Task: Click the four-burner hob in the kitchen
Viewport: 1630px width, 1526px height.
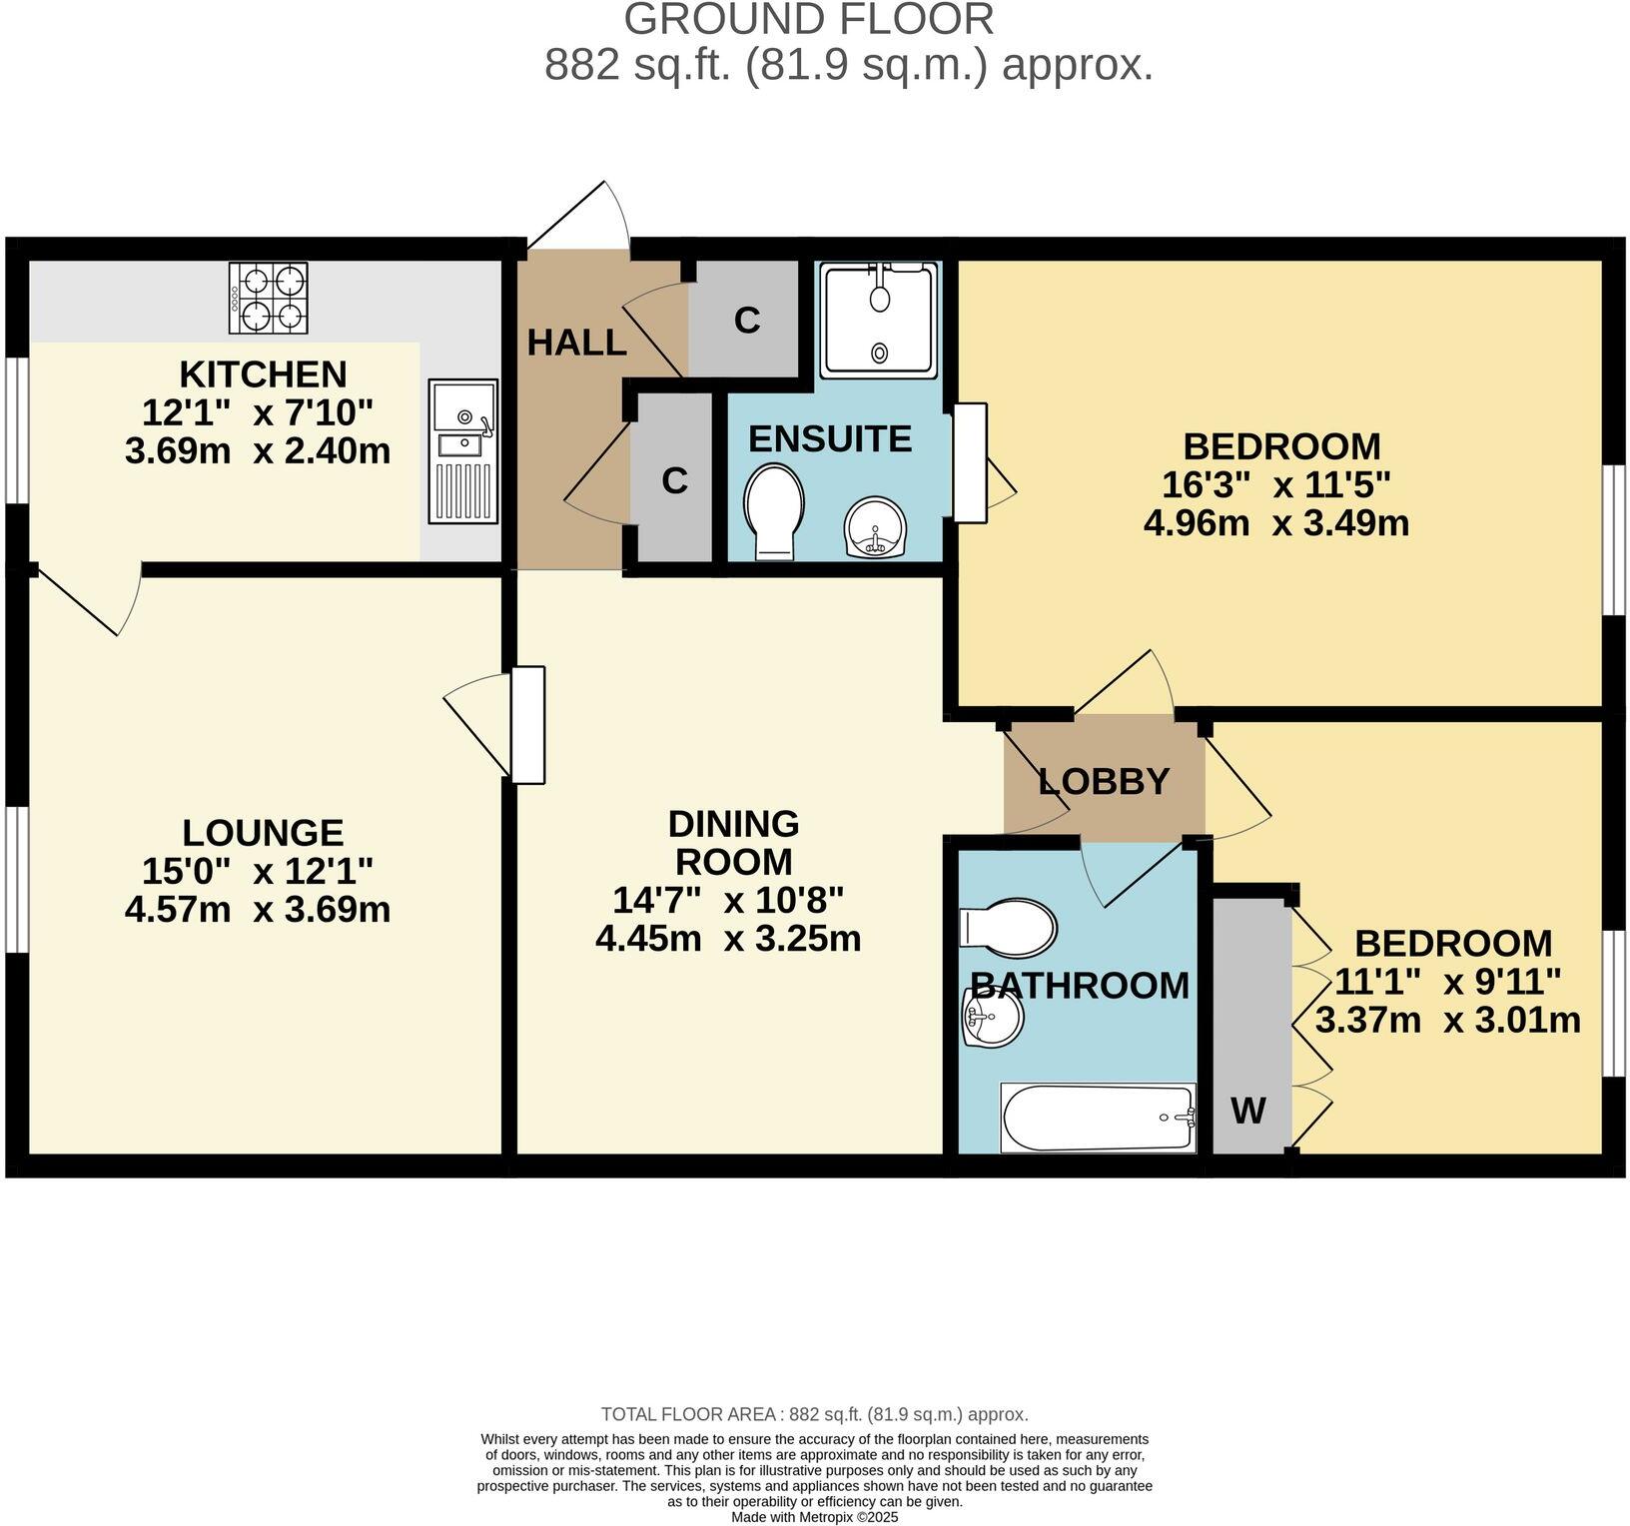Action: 269,298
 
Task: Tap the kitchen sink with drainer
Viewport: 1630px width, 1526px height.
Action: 463,450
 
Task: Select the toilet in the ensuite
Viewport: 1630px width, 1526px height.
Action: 774,510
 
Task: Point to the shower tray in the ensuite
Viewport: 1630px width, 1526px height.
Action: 879,320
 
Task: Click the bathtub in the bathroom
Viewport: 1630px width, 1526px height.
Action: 1098,1118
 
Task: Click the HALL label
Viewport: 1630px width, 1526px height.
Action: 576,344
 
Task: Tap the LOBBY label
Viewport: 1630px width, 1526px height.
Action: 1104,781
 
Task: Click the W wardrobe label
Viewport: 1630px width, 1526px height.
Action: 1248,1110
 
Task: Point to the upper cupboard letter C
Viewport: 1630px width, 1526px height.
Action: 747,320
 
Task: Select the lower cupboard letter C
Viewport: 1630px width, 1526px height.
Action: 675,480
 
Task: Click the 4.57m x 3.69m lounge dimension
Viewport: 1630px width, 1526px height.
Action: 257,910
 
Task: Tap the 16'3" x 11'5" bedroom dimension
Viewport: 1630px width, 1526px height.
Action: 1275,484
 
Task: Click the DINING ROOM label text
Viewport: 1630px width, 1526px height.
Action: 733,842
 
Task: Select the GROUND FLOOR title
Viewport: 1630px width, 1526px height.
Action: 809,19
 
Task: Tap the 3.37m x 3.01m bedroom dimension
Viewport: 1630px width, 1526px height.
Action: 1447,1021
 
